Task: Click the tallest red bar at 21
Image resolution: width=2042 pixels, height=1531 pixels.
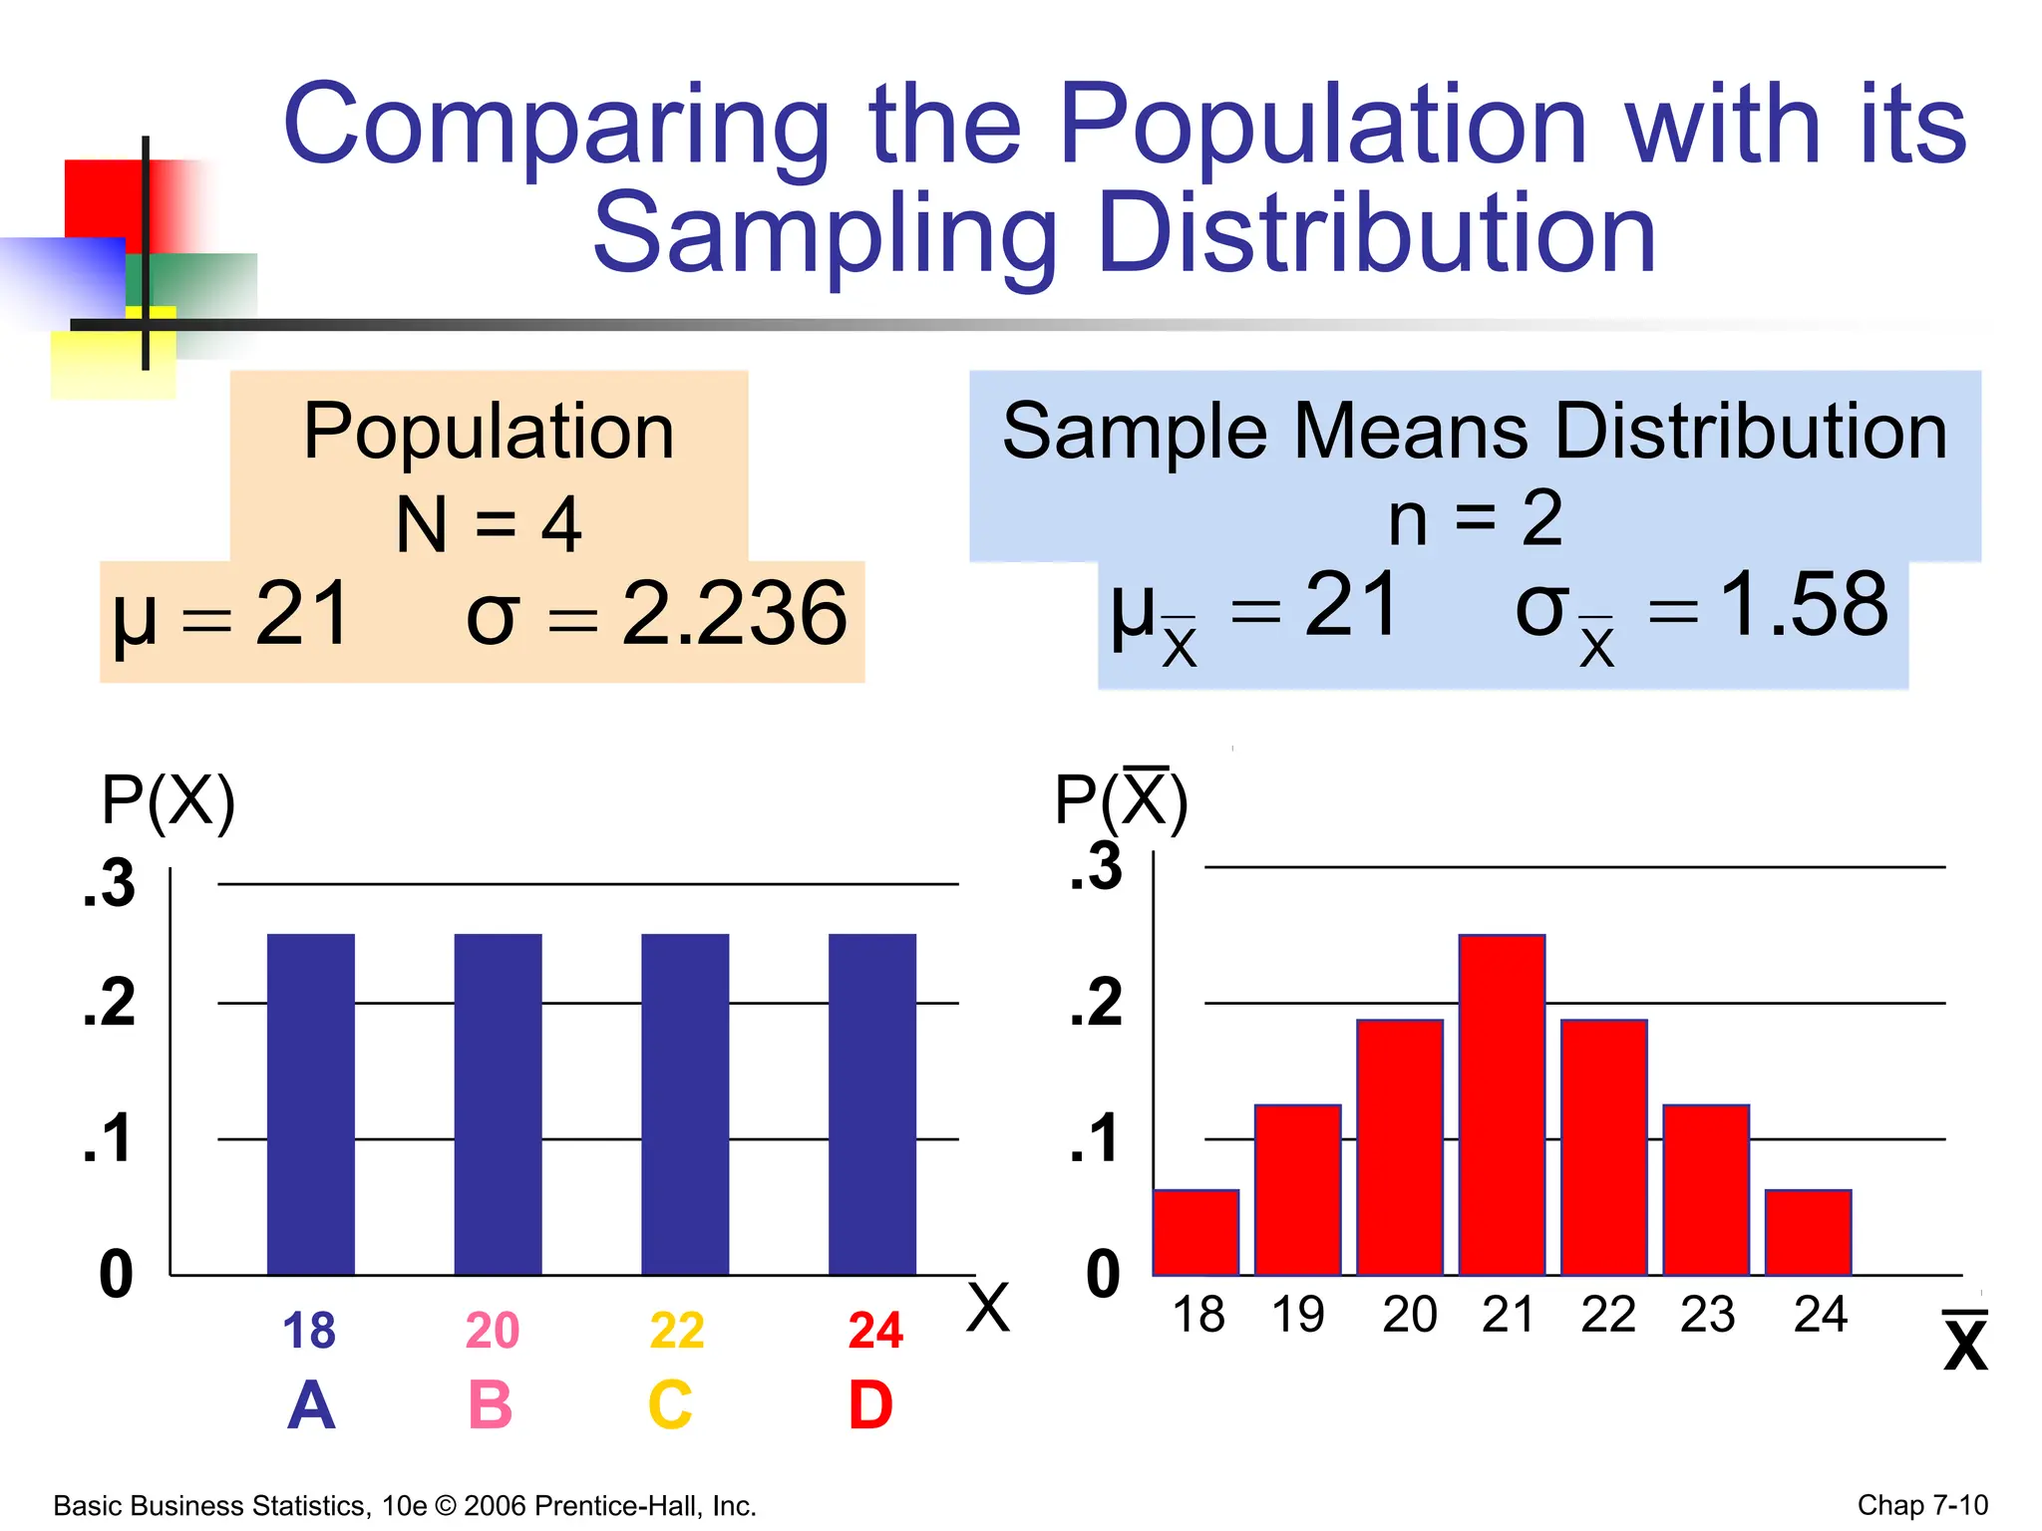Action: click(1502, 1104)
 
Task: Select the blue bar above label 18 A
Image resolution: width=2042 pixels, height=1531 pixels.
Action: click(310, 1104)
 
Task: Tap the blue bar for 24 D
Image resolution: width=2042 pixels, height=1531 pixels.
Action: click(872, 1104)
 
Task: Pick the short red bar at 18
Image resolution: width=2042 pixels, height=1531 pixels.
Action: click(1195, 1233)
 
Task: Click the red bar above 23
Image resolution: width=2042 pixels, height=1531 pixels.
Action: click(1706, 1189)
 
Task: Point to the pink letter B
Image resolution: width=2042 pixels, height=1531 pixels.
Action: click(490, 1404)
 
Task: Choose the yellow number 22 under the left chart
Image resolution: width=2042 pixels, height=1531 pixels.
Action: click(677, 1331)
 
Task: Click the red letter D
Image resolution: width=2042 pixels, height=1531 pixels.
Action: click(870, 1404)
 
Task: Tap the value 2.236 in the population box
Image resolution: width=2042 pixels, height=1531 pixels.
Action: click(735, 614)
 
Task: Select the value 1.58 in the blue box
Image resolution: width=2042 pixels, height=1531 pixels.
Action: click(1804, 605)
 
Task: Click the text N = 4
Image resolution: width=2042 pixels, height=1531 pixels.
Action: click(489, 524)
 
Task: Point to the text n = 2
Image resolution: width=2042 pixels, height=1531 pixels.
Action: click(1475, 518)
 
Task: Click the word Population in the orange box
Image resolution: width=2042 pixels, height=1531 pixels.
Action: click(489, 432)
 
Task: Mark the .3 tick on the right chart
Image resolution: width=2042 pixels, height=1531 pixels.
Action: click(1096, 866)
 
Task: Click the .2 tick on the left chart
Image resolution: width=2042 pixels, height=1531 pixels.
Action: click(110, 1003)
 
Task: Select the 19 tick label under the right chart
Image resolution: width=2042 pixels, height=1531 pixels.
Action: click(1297, 1315)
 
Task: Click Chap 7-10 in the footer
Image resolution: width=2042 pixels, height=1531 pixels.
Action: click(1921, 1504)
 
